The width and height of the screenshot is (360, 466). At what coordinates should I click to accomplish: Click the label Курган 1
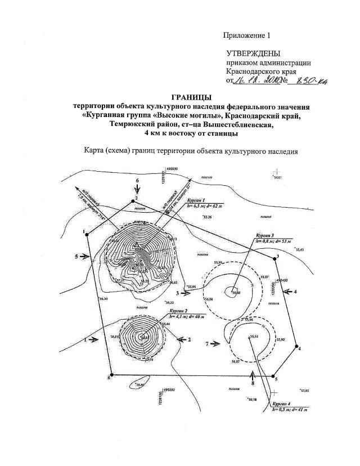coord(196,200)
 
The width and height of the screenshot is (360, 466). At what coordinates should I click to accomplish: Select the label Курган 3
coord(265,235)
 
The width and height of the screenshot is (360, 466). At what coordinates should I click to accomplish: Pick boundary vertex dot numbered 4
coord(298,348)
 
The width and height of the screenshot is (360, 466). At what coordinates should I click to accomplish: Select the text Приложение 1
coord(247,35)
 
